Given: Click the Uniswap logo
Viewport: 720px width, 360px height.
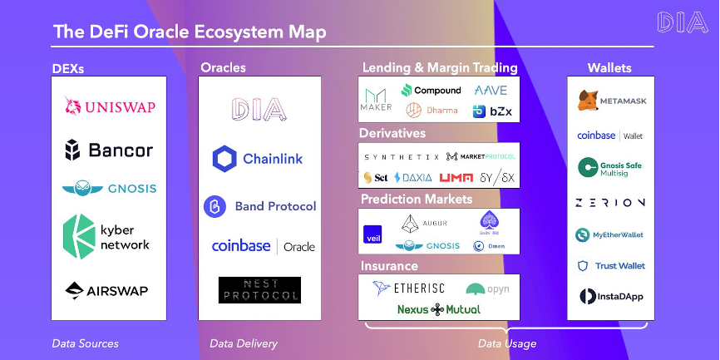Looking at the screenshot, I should pyautogui.click(x=109, y=106).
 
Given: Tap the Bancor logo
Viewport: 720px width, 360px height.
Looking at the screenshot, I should pyautogui.click(x=109, y=150).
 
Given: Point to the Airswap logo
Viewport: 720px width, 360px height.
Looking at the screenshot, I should pyautogui.click(x=109, y=290).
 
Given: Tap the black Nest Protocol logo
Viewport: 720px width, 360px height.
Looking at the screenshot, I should pyautogui.click(x=259, y=290).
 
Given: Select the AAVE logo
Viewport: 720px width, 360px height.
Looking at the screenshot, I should pyautogui.click(x=491, y=90).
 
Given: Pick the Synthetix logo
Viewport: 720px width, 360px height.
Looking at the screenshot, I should pyautogui.click(x=401, y=156).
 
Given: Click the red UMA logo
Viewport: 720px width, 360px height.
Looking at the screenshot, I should pyautogui.click(x=456, y=177).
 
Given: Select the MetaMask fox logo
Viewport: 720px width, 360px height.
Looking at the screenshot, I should pyautogui.click(x=588, y=101).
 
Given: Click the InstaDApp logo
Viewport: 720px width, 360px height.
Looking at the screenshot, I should pyautogui.click(x=611, y=296).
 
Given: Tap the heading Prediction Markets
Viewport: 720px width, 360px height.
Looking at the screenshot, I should pyautogui.click(x=417, y=200).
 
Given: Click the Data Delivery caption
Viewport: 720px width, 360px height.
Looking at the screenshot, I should pyautogui.click(x=243, y=343).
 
